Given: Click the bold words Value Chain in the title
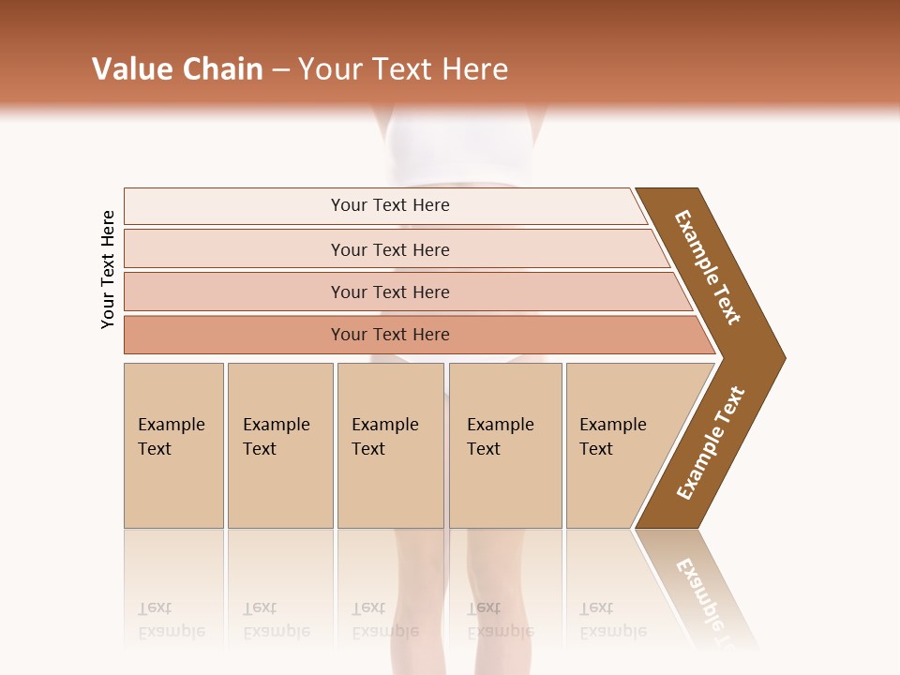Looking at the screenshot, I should [x=177, y=69].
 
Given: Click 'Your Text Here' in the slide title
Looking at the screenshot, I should [x=403, y=69].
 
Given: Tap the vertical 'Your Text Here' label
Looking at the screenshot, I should [x=108, y=269].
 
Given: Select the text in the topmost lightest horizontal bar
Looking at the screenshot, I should [x=390, y=205].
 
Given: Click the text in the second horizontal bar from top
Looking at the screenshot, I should [x=390, y=250].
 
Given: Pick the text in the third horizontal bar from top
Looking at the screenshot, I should [x=390, y=292].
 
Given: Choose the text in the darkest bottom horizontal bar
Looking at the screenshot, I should [x=390, y=335].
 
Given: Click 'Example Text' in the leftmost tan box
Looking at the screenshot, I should [x=171, y=437].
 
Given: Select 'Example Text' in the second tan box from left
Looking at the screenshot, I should [x=276, y=437].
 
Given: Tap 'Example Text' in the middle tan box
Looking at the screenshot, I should [x=384, y=437].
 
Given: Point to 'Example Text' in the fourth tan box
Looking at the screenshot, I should [x=500, y=437].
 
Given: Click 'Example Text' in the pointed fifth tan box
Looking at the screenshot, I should [x=612, y=437].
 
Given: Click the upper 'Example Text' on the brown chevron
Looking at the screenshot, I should [x=708, y=267].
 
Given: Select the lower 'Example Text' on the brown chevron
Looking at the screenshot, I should [x=711, y=443].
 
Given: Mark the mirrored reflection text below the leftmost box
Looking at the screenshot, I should [x=171, y=620].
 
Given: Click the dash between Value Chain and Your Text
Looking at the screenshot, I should [x=280, y=70].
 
